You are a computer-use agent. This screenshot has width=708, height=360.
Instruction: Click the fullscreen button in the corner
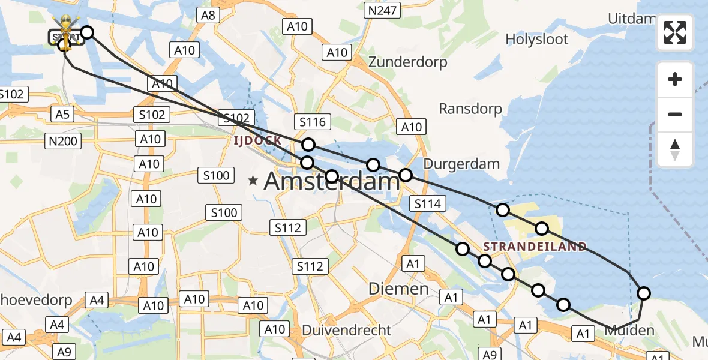click(675, 32)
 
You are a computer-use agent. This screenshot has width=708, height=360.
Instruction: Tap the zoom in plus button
click(675, 79)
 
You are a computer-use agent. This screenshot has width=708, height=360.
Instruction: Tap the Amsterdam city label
click(332, 180)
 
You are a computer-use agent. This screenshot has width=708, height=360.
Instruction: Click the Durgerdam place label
click(461, 163)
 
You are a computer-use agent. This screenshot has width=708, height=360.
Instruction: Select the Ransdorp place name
click(470, 109)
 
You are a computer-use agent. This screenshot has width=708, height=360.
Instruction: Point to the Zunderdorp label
click(407, 62)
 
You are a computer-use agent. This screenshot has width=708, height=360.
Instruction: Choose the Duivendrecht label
click(347, 330)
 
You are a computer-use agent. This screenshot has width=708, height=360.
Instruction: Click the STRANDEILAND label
click(535, 247)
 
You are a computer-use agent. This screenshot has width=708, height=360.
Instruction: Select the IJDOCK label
click(257, 140)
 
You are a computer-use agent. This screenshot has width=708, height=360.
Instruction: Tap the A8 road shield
click(208, 15)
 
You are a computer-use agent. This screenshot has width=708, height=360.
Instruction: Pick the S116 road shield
click(313, 122)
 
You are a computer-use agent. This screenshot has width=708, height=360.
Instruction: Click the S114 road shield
click(428, 204)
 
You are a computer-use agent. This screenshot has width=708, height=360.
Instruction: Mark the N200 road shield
click(62, 140)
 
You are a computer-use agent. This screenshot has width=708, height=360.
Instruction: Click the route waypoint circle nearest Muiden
click(643, 293)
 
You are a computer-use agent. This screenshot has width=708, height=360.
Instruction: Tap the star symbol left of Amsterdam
click(253, 179)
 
